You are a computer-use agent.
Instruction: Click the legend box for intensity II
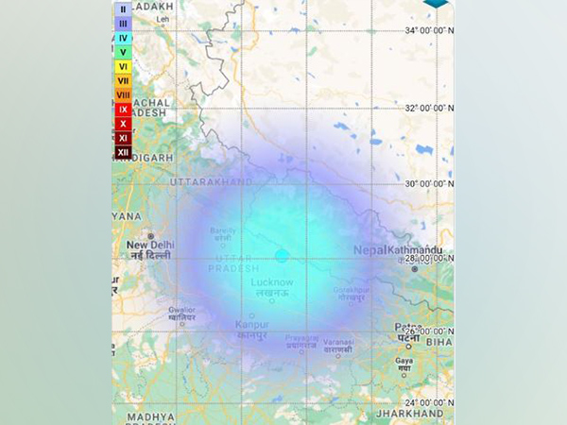coord(123,8)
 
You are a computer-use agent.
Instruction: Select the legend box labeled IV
coord(123,37)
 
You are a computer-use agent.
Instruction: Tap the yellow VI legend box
coord(123,66)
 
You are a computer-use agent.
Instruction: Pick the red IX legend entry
coord(123,109)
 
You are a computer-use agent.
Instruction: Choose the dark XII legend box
coord(123,152)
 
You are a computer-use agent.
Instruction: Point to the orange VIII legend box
coord(123,94)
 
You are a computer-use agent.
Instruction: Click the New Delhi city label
coord(147,246)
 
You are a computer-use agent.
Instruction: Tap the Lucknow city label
coord(272,282)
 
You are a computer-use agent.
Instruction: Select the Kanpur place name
coord(251,325)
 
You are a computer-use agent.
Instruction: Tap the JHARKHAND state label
coord(410,414)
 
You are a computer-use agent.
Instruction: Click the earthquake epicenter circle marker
coord(282,256)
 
